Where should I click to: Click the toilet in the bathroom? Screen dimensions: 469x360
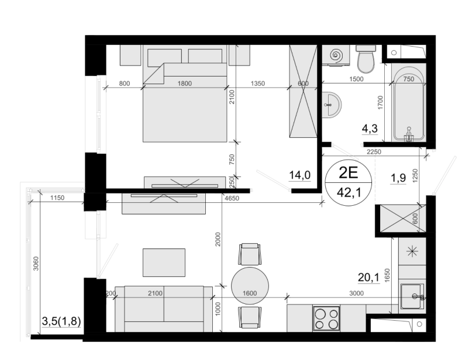[x=366, y=59]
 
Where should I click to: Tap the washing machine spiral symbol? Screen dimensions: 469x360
[x=337, y=55]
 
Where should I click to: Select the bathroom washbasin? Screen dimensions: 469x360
[x=332, y=105]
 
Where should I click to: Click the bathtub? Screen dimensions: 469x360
[x=409, y=104]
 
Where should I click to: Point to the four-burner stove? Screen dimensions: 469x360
[x=326, y=319]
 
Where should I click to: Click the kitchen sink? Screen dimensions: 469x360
[x=412, y=296]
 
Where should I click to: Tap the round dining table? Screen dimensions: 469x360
[x=250, y=286]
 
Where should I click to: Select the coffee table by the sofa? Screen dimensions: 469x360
[x=164, y=262]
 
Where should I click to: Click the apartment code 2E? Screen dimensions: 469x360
[x=348, y=173]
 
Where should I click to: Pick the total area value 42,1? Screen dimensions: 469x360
[x=349, y=192]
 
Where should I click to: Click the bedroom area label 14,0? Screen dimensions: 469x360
[x=300, y=175]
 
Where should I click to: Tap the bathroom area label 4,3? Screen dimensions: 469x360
[x=370, y=129]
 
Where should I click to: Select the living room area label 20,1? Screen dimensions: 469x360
[x=368, y=278]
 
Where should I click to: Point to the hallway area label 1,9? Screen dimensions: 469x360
[x=398, y=178]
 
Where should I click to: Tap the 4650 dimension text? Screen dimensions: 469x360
[x=232, y=198]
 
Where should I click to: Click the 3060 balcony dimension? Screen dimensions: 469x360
[x=36, y=264]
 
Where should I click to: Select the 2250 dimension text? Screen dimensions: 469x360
[x=374, y=152]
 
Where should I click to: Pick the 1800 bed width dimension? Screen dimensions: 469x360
[x=185, y=84]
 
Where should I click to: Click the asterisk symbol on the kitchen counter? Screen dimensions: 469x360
[x=412, y=251]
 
